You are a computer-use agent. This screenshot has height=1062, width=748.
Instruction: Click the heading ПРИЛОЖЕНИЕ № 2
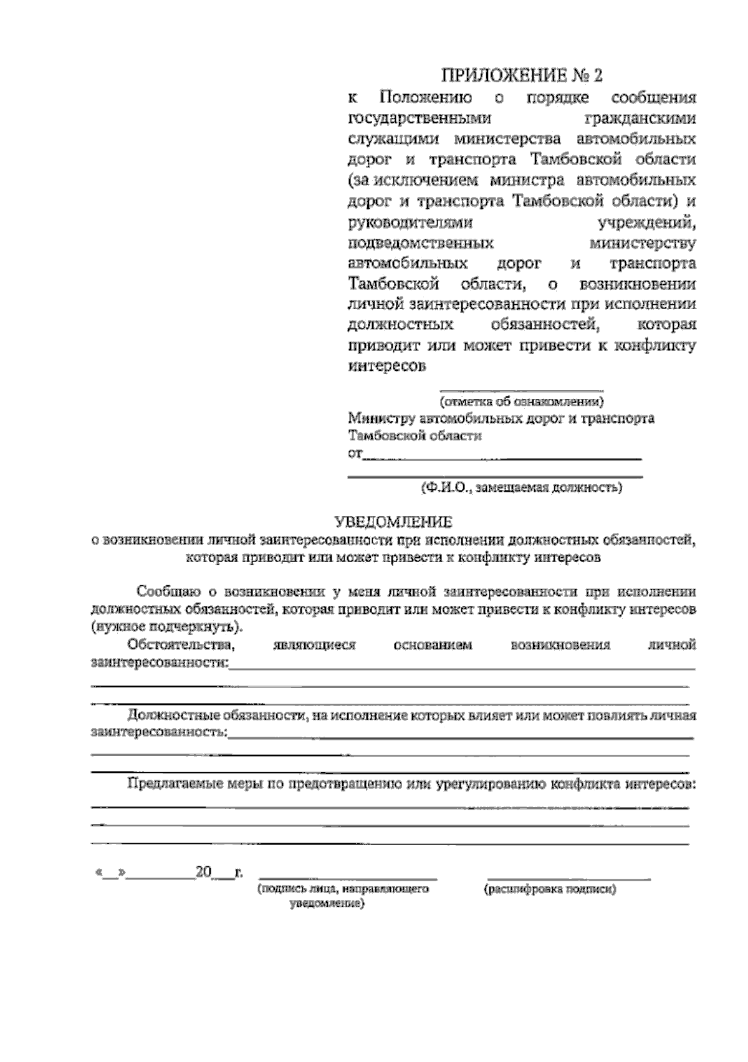tap(522, 76)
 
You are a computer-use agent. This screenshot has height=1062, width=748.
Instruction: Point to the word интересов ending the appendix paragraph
tap(386, 366)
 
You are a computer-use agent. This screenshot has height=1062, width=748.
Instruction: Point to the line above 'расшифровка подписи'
tap(568, 878)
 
